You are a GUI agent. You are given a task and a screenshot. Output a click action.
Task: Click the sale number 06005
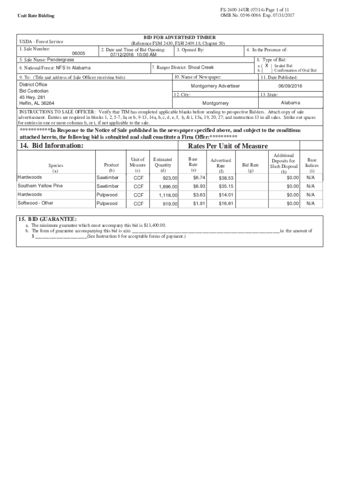pyautogui.click(x=79, y=53)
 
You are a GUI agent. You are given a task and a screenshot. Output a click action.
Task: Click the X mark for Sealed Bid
pyautogui.click(x=266, y=66)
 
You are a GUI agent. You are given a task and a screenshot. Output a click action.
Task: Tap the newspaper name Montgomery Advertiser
pyautogui.click(x=215, y=86)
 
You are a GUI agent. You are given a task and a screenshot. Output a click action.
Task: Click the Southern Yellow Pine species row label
pyautogui.click(x=40, y=186)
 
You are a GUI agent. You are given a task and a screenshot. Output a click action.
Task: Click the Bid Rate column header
pyautogui.click(x=250, y=165)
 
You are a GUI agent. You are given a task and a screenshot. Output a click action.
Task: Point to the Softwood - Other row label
pyautogui.click(x=36, y=203)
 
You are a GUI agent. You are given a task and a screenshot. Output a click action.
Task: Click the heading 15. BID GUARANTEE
pyautogui.click(x=47, y=219)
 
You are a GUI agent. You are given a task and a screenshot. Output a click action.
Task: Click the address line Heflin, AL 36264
pyautogui.click(x=36, y=103)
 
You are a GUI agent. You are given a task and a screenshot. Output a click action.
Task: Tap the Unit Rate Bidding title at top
pyautogui.click(x=36, y=16)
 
